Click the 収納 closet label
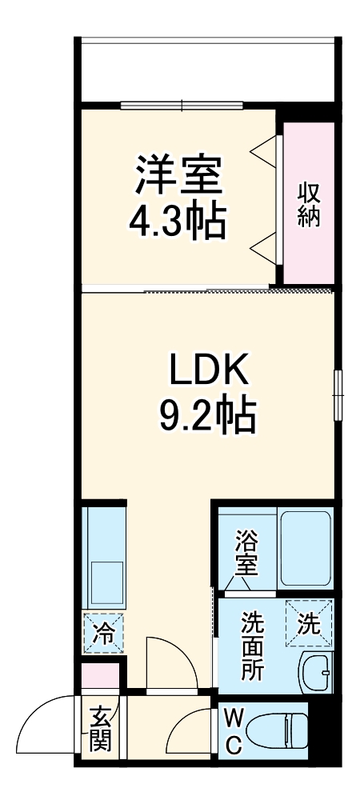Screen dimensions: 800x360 pos(308,205)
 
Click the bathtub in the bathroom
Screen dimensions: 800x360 pos(306,547)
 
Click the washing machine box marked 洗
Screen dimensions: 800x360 pos(308,622)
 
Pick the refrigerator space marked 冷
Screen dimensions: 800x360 pos(102,632)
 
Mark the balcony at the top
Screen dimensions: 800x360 pos(206,69)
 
